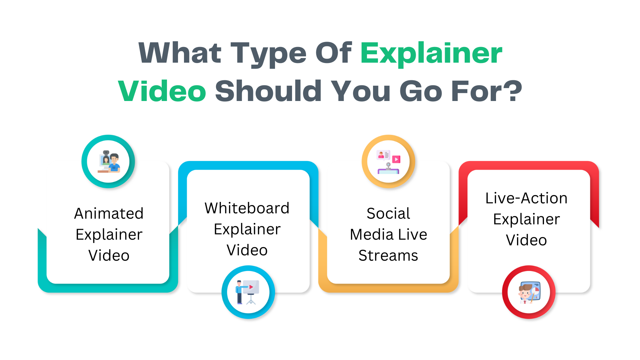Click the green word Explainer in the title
431,53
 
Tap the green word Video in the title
162,91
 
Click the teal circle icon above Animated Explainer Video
108,161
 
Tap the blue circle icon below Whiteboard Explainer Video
248,292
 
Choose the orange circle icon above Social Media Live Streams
388,161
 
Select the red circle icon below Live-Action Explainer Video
529,292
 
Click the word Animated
109,213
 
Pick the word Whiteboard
247,208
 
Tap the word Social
388,213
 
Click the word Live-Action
526,198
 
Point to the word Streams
388,256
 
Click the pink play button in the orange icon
396,159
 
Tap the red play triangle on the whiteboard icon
251,287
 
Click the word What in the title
180,53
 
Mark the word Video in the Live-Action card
526,240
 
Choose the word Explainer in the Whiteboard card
247,229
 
